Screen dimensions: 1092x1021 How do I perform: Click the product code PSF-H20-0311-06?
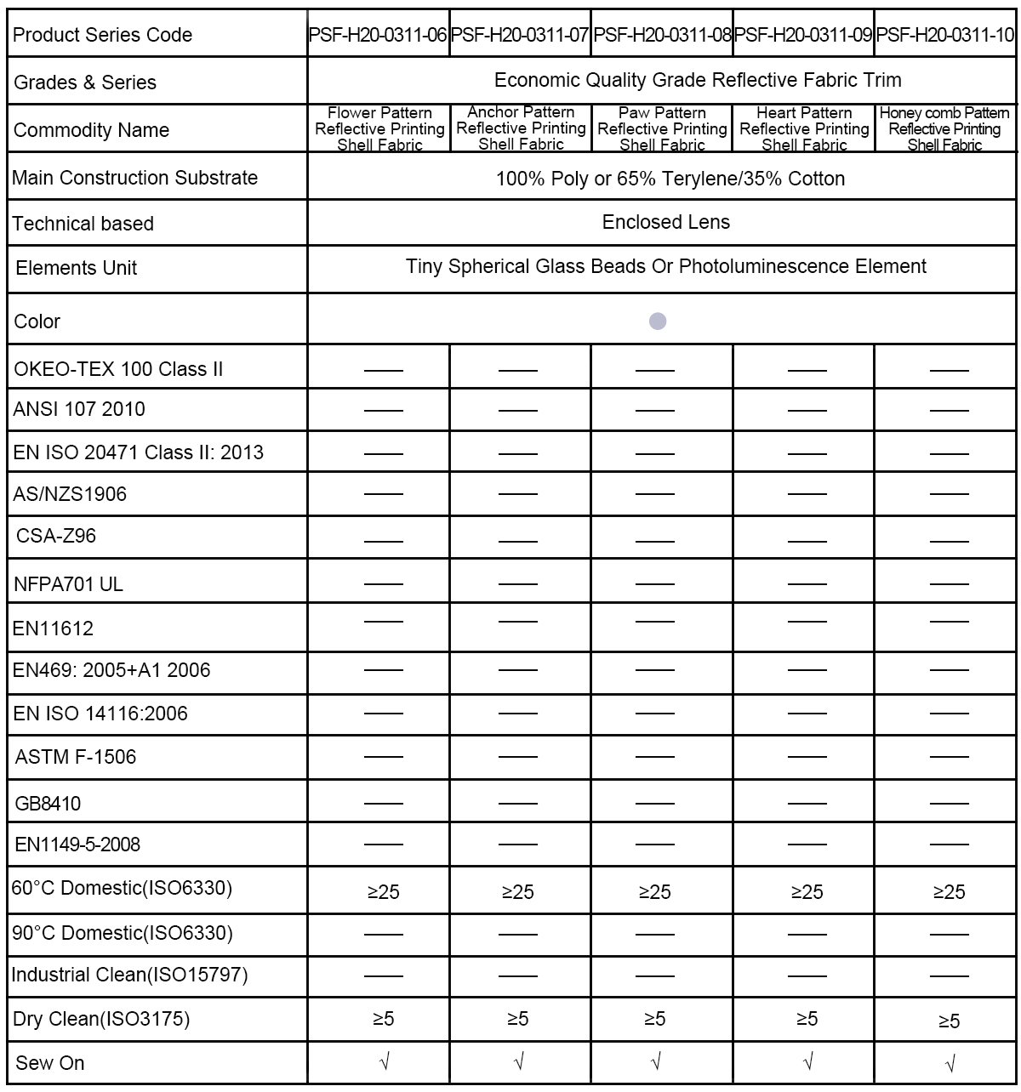point(378,36)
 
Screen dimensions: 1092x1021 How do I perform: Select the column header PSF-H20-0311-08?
point(662,36)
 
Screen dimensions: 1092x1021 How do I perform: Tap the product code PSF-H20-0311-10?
point(945,36)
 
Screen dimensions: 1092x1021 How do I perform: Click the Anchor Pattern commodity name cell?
point(521,128)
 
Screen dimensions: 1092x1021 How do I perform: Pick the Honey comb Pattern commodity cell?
point(944,129)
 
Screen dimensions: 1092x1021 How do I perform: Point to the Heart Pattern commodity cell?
point(804,129)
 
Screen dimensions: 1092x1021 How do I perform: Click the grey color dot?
point(658,321)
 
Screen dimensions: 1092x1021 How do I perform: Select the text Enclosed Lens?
point(665,223)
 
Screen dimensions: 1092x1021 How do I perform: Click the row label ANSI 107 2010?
point(79,409)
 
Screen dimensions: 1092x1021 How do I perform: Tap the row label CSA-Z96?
point(56,536)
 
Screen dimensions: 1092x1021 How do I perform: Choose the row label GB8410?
point(48,804)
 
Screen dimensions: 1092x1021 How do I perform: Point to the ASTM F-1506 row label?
point(76,757)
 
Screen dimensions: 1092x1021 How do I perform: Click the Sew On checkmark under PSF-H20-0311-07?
point(519,1061)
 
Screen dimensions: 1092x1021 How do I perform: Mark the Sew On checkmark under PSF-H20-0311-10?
point(950,1063)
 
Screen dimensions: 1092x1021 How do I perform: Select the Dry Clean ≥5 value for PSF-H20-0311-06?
point(383,1019)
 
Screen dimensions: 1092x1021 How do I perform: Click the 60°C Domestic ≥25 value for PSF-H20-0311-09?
point(807,892)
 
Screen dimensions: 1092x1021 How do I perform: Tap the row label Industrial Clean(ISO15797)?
point(129,975)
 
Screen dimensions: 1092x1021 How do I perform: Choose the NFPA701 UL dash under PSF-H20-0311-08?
point(654,584)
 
